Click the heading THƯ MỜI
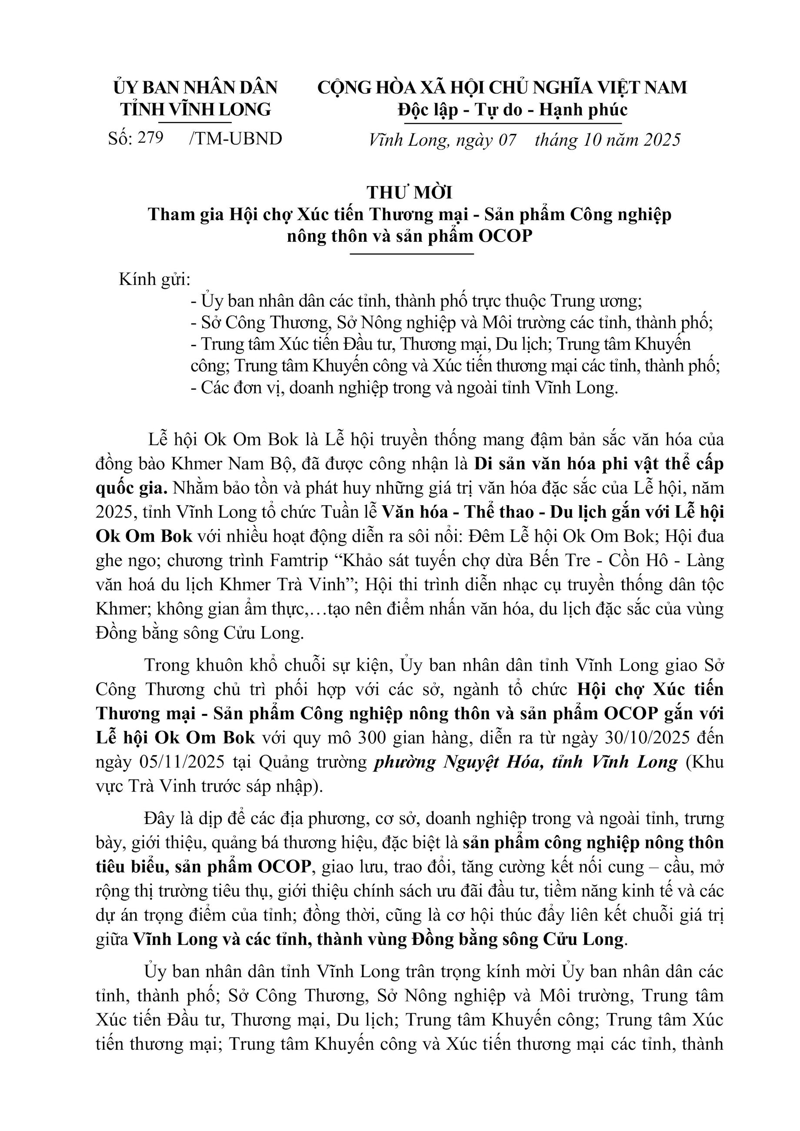(x=410, y=192)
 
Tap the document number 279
(x=150, y=138)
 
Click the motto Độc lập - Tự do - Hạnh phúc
(x=512, y=109)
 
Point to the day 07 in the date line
(x=507, y=140)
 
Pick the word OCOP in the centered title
(x=505, y=237)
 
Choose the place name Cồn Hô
(x=636, y=560)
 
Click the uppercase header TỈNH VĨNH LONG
(x=196, y=109)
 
